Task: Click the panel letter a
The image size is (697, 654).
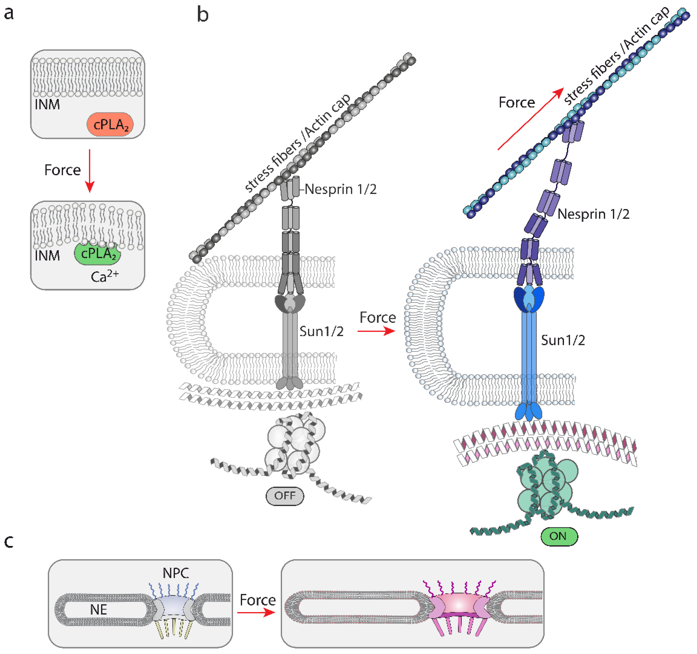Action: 8,14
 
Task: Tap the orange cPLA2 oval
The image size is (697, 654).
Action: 110,124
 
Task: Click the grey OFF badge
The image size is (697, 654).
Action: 285,496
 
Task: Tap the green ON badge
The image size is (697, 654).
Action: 559,536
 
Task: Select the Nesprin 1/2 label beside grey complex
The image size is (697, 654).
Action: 340,189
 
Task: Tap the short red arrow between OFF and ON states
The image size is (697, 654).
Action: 376,331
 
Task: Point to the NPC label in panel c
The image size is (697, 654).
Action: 176,573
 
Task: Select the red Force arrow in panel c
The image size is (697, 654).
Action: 256,612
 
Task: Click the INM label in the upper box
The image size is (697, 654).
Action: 47,104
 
